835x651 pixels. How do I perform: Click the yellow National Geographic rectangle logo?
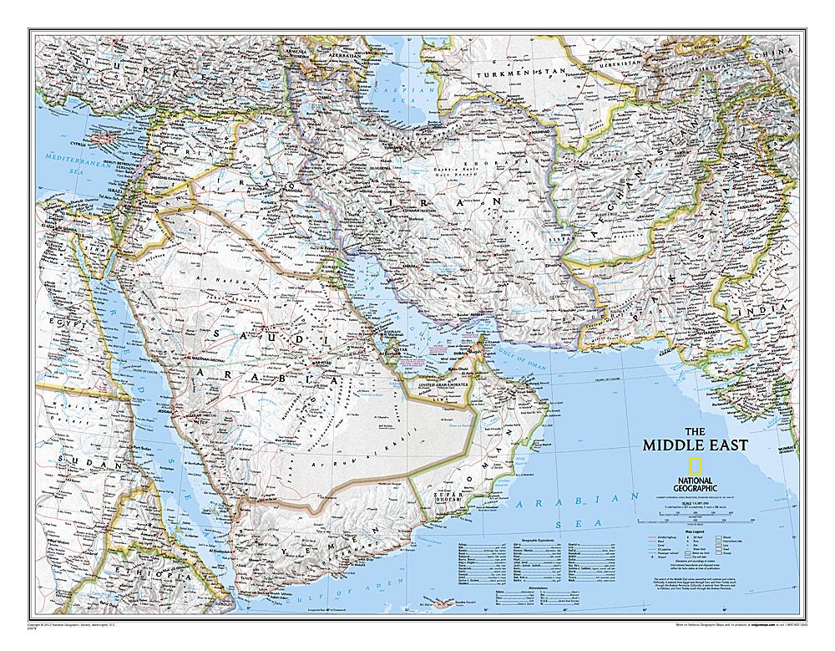point(694,466)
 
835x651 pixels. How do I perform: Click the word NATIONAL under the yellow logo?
point(694,481)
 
